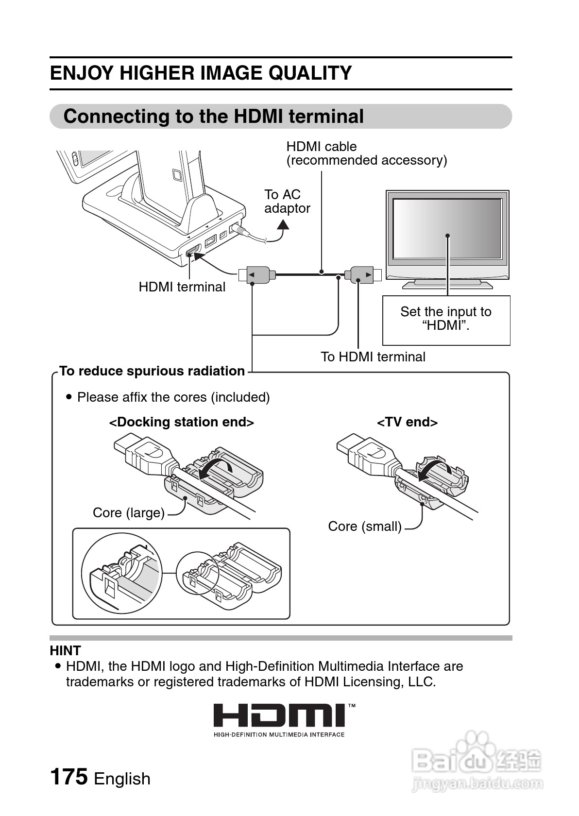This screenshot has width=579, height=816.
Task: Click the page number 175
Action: pos(68,777)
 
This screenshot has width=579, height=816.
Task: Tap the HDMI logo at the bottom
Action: pos(279,716)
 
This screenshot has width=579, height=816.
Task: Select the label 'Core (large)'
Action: pos(129,513)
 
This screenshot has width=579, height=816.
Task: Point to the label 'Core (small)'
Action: pos(365,527)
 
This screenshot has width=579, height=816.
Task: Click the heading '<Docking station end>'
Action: pos(181,422)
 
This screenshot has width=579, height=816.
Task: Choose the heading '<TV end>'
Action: pos(407,422)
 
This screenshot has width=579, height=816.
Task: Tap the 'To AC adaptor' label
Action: pos(287,202)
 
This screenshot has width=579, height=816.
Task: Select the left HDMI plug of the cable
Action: pos(257,275)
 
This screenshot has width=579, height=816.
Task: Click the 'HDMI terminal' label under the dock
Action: pos(182,287)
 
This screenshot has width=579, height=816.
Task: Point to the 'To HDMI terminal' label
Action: pos(373,357)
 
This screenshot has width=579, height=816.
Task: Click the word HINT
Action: pos(65,651)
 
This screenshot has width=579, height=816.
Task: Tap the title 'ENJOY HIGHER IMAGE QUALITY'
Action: pos(201,73)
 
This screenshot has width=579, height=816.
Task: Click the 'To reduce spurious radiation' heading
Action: pos(152,371)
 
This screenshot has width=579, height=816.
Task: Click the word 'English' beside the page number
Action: pos(122,779)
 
